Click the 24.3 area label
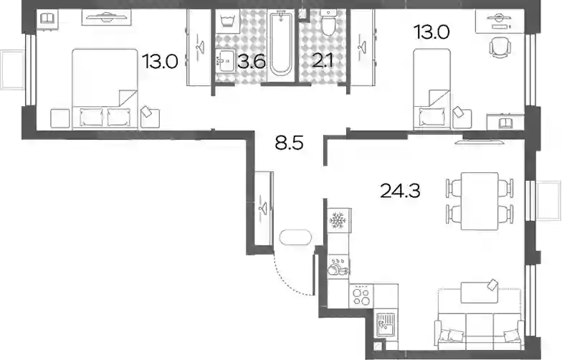click(x=400, y=191)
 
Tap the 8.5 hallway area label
click(x=289, y=143)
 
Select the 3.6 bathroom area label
click(x=252, y=62)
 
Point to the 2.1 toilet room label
click(x=323, y=60)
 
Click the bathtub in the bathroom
click(x=281, y=43)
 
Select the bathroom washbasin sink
click(x=225, y=61)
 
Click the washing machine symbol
click(x=227, y=22)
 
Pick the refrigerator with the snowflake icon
click(x=338, y=220)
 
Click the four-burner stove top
click(x=361, y=296)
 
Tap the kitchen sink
click(x=386, y=324)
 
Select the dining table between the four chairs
click(x=480, y=201)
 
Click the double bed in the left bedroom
click(x=105, y=89)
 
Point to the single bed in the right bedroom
click(x=432, y=89)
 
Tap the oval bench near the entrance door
click(x=295, y=237)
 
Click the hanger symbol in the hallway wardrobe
click(x=264, y=208)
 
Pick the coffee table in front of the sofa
click(x=480, y=292)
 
